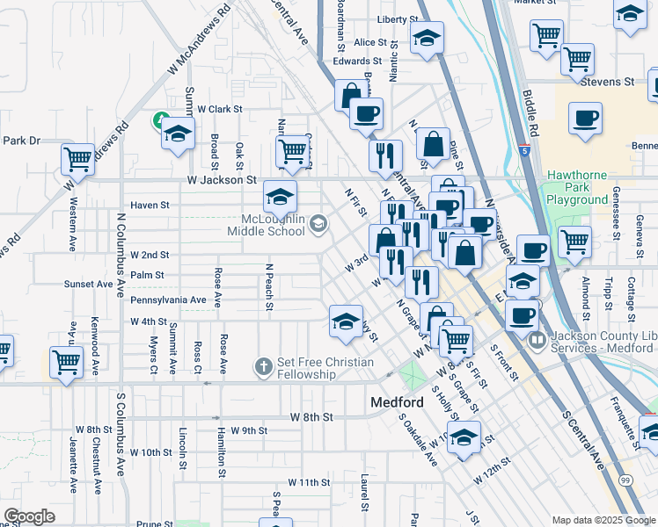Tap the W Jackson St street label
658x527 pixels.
tap(221, 179)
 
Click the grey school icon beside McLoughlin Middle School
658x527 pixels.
tap(318, 226)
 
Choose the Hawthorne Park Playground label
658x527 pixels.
tap(577, 187)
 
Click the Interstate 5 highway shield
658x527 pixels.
tap(524, 150)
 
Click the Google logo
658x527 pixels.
tap(29, 516)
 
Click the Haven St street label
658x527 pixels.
tap(149, 205)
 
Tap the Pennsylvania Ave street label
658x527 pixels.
tap(168, 300)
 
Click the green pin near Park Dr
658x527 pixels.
tap(161, 119)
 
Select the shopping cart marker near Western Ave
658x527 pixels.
tap(77, 160)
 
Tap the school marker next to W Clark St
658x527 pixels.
tap(177, 134)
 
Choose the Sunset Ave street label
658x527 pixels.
tap(88, 285)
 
